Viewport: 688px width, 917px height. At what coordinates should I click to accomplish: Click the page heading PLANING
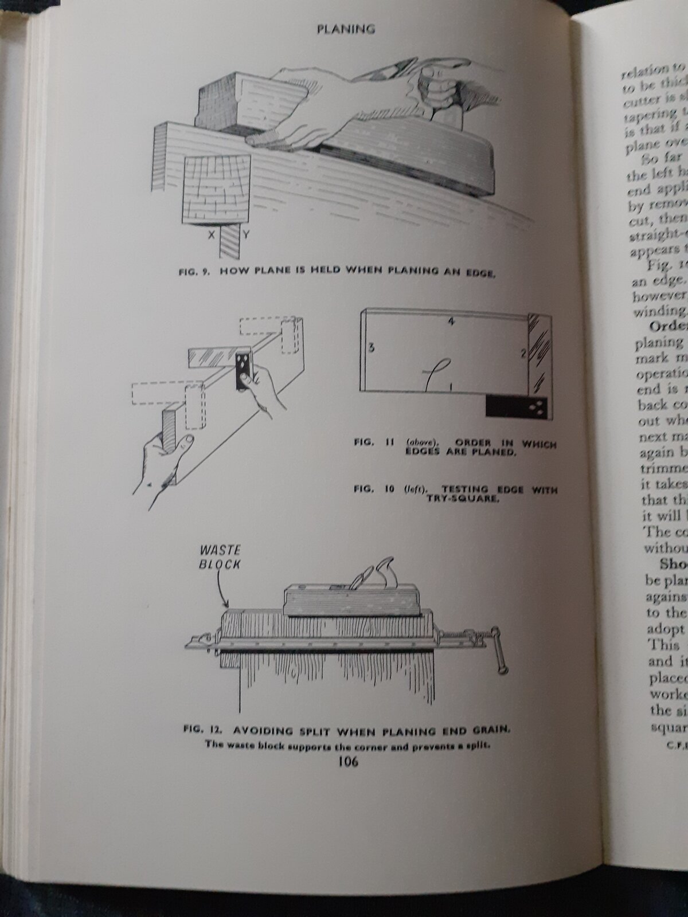click(x=346, y=29)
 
